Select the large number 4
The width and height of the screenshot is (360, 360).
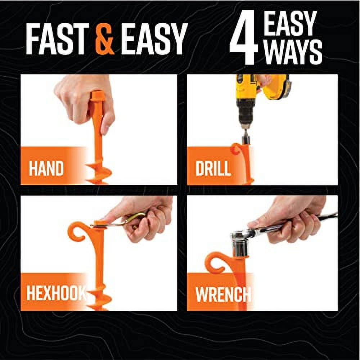[x=244, y=39]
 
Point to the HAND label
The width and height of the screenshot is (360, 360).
[x=46, y=169]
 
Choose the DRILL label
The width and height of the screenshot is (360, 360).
[x=213, y=169]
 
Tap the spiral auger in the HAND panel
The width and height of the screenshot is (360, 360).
[x=99, y=173]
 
